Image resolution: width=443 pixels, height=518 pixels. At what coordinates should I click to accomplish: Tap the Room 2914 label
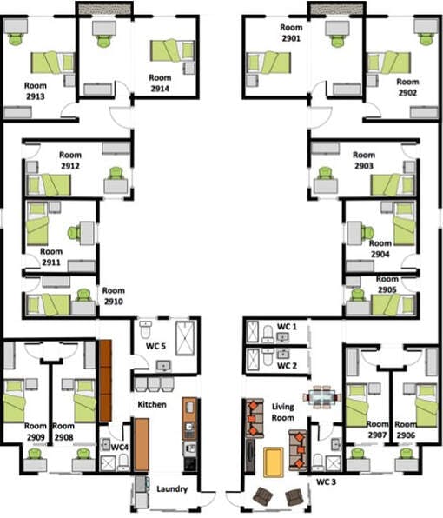(160, 83)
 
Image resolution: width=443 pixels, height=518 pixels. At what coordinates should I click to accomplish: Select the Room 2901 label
(290, 34)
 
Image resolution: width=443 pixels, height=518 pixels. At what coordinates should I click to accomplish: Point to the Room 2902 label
(407, 88)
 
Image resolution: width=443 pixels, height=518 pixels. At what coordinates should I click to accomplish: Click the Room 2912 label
(71, 160)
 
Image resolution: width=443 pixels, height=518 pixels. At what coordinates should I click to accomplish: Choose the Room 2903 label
(364, 160)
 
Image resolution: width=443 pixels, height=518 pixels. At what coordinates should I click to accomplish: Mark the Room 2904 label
(379, 250)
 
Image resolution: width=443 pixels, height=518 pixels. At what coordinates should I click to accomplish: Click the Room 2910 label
(113, 296)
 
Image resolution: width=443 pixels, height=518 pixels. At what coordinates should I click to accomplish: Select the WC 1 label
(287, 327)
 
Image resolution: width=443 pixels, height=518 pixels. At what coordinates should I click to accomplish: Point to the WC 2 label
(287, 365)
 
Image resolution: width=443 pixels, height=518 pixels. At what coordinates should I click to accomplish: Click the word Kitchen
(146, 404)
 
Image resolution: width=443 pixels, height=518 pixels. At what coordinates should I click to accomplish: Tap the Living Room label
(284, 412)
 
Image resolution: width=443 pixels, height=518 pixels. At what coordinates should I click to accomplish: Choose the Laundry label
(171, 489)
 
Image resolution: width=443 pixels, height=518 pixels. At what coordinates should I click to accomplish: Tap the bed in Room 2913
(51, 63)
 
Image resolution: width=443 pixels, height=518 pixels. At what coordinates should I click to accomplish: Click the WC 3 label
(325, 481)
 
